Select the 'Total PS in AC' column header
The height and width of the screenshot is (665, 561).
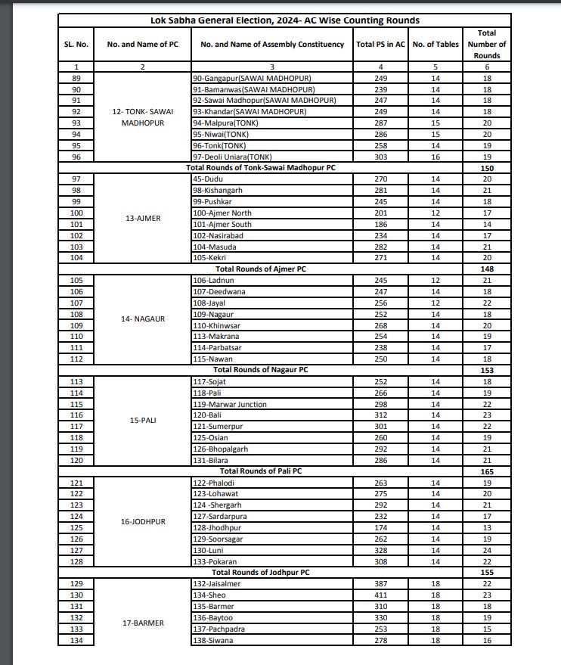(380, 45)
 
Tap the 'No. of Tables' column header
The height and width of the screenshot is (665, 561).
(436, 45)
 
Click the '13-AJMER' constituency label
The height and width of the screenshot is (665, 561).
(143, 219)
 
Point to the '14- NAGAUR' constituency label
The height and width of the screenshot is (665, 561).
(143, 319)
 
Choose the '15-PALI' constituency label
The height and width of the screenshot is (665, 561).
(143, 420)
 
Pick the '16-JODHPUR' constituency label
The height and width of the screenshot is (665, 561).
(143, 521)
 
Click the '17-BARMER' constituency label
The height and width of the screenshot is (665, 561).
(143, 623)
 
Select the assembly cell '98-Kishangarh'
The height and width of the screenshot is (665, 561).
(216, 191)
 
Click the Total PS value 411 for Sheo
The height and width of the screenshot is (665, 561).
(380, 595)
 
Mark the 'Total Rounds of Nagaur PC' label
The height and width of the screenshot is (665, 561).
(260, 370)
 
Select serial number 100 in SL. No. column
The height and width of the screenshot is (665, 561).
(76, 213)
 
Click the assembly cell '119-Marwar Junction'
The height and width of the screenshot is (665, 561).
(230, 405)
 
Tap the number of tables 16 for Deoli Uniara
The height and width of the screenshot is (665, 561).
(435, 157)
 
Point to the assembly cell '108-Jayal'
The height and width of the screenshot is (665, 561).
(209, 303)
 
